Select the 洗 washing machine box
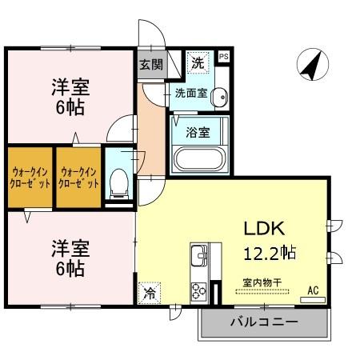(x=197, y=60)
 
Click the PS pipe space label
(x=223, y=57)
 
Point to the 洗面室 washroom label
(x=191, y=93)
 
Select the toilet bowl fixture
(x=119, y=182)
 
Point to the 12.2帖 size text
(x=270, y=253)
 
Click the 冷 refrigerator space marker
(x=150, y=294)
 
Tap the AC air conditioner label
(x=313, y=290)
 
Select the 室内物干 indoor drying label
(x=263, y=282)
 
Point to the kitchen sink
(x=198, y=258)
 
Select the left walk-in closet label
(x=30, y=177)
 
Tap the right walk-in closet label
(x=78, y=177)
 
